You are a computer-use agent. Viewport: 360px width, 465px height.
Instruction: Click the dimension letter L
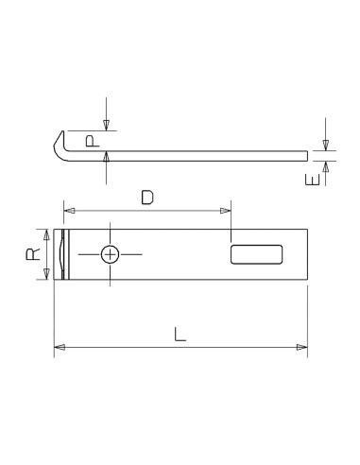[179, 334]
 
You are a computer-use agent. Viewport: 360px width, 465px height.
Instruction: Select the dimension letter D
[146, 198]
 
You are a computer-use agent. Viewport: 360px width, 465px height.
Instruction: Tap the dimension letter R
[32, 253]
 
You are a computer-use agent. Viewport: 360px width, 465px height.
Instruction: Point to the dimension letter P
[91, 140]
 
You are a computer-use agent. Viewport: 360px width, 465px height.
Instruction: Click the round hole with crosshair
[111, 254]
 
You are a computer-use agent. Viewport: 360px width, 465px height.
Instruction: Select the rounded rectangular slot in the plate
[256, 253]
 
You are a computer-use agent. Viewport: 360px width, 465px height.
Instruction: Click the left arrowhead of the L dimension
[59, 348]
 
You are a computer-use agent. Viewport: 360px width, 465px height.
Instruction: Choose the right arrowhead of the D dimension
[226, 210]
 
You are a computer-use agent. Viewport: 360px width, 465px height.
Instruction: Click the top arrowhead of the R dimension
[45, 234]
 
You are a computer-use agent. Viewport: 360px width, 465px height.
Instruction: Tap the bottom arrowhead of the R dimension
[45, 274]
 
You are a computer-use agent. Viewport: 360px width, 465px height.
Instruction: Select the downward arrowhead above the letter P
[107, 124]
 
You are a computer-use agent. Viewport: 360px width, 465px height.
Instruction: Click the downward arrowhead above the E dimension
[325, 145]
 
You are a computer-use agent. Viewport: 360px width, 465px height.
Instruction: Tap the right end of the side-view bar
[307, 155]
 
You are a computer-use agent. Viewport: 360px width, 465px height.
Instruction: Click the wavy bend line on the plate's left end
[63, 254]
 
